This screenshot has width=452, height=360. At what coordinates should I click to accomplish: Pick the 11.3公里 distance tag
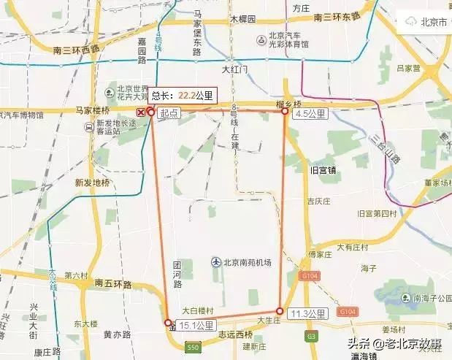[307, 313]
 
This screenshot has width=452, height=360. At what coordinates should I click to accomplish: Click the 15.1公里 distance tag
[195, 325]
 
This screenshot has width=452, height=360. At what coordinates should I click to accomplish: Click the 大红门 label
[235, 69]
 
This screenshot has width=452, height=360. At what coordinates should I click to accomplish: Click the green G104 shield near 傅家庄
[308, 276]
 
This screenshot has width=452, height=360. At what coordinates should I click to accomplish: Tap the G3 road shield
[313, 337]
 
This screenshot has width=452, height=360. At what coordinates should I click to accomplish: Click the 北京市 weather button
[424, 22]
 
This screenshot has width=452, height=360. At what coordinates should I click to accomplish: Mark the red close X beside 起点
[141, 112]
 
